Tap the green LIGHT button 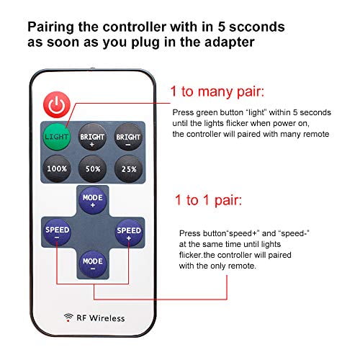pyautogui.click(x=57, y=137)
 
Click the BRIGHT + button pyautogui.click(x=92, y=137)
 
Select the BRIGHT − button pyautogui.click(x=128, y=137)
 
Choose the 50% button pyautogui.click(x=92, y=168)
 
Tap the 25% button pyautogui.click(x=128, y=168)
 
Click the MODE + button pyautogui.click(x=93, y=200)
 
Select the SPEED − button pyautogui.click(x=57, y=233)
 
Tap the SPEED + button pyautogui.click(x=129, y=233)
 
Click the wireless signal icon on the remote pyautogui.click(x=68, y=318)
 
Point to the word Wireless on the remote pyautogui.click(x=107, y=318)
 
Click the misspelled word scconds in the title pyautogui.click(x=257, y=27)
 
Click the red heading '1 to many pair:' pyautogui.click(x=217, y=91)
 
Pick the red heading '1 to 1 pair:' pyautogui.click(x=208, y=200)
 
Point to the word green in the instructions pyautogui.click(x=207, y=113)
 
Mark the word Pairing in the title pyautogui.click(x=50, y=27)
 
